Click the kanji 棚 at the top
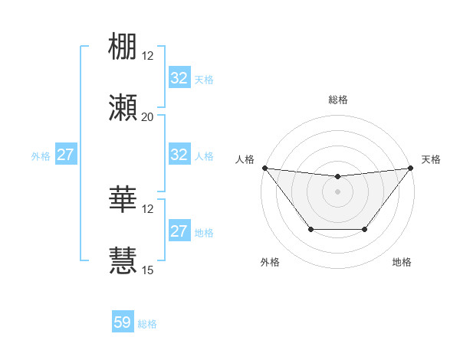point(123,47)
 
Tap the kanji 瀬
point(123,108)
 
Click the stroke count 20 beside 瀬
point(147,117)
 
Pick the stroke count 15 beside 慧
point(148,270)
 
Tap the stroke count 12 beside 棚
point(148,56)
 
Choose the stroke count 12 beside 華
point(148,208)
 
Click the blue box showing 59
point(123,322)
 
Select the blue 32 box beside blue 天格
point(179,78)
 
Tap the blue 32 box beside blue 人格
point(179,155)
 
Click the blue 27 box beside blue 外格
point(66,155)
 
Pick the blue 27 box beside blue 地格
point(179,231)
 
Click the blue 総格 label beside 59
point(147,324)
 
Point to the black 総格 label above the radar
point(338,100)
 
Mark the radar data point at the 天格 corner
point(411,168)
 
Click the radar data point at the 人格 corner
point(264,168)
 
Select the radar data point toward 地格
point(365,229)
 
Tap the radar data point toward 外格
point(310,229)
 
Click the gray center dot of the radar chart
point(337,191)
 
